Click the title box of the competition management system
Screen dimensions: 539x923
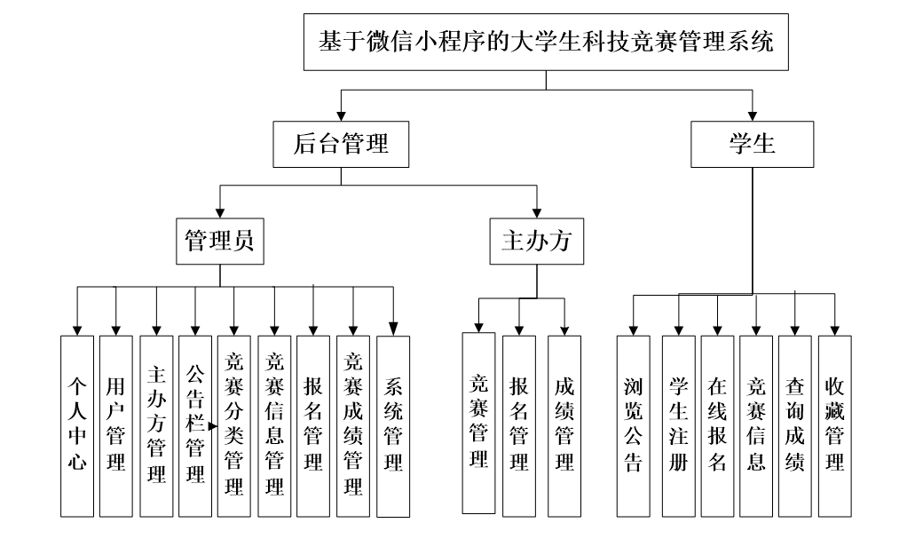[546, 43]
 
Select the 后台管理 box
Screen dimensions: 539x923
[341, 144]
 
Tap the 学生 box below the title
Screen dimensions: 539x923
[753, 144]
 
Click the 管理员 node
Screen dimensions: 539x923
[219, 241]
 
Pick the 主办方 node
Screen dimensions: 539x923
[537, 241]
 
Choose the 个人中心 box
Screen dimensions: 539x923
[76, 426]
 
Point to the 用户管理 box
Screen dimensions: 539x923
[115, 426]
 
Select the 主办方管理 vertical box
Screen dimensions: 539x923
[156, 426]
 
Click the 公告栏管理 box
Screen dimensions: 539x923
[195, 426]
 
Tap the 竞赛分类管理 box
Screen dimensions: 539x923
[234, 426]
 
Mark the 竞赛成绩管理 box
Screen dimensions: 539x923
[353, 426]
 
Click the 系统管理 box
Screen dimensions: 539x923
[393, 426]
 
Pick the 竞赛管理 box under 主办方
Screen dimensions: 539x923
[479, 423]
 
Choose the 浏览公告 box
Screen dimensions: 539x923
[633, 426]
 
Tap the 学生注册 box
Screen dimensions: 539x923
[678, 426]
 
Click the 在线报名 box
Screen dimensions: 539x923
[717, 426]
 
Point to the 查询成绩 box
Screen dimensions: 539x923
[795, 426]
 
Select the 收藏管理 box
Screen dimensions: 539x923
[834, 426]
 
